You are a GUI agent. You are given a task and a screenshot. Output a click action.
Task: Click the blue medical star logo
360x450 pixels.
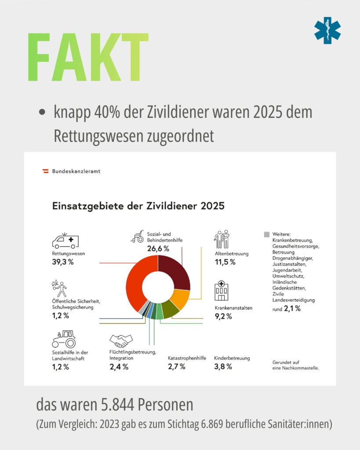pos(327,30)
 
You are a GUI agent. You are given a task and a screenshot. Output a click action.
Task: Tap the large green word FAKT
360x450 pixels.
pos(88,57)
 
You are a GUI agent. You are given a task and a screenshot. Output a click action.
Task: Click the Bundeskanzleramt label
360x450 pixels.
pos(76,171)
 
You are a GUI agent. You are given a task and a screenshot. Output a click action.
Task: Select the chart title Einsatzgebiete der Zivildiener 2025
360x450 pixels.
pos(138,206)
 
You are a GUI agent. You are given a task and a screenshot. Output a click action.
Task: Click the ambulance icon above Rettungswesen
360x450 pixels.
pos(65,241)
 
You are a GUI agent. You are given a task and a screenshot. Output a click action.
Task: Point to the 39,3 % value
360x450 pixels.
pos(62,262)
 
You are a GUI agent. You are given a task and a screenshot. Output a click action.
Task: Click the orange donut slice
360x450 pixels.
pos(181,298)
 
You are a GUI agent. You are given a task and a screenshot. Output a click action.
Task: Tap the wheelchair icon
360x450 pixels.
pos(138,237)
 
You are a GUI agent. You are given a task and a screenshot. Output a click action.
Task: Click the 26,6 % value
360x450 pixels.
pos(158,249)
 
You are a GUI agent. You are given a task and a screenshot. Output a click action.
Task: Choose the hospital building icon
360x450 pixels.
pos(222,290)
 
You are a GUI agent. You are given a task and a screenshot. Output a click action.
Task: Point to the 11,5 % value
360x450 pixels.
pos(225,262)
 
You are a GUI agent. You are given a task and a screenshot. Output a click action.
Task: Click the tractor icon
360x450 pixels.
pos(64,339)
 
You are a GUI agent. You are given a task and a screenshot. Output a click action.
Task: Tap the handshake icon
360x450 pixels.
pos(121,341)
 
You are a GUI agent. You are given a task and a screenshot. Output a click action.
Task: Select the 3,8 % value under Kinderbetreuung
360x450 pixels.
pos(223,367)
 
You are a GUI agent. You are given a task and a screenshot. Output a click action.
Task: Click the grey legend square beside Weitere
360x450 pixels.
pos(267,235)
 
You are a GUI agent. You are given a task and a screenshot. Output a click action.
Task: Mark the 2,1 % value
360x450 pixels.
pos(292,308)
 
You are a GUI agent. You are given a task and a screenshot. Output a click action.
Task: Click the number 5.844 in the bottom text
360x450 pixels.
pos(117,405)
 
